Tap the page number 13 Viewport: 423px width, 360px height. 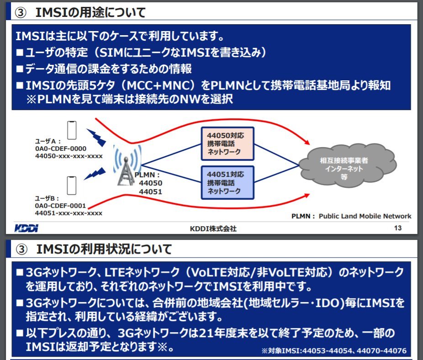tap(397, 228)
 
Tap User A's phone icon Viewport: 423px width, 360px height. tap(71, 129)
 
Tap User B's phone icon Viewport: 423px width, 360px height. tap(71, 185)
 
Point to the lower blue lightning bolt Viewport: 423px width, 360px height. tap(94, 174)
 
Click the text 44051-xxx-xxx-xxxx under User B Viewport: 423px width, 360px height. tap(69, 213)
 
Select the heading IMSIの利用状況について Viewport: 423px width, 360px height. tap(104, 249)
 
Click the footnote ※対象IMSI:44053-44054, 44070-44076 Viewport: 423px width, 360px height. tap(333, 351)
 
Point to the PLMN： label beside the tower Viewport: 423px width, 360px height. tap(147, 175)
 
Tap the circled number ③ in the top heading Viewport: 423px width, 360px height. tap(23, 13)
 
